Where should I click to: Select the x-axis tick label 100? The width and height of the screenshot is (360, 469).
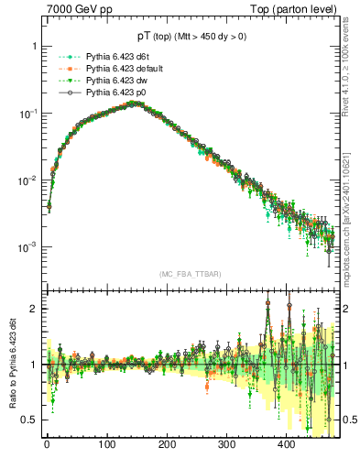coord(106,443)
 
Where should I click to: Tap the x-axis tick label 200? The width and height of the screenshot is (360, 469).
coord(167,443)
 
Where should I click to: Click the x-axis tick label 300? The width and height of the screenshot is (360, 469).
coord(226,443)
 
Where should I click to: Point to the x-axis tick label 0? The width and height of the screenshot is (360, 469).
coord(47,443)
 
